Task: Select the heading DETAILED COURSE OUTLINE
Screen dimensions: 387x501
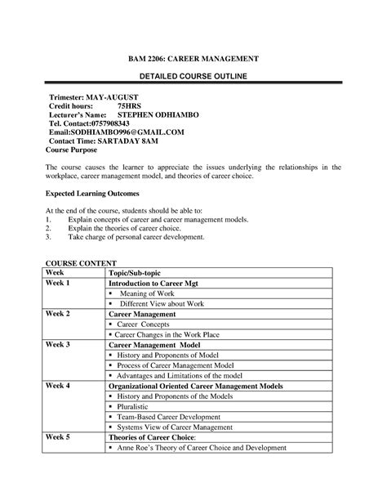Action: click(x=193, y=76)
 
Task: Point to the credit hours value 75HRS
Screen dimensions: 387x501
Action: click(x=129, y=107)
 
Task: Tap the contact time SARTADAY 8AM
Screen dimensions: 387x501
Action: click(x=132, y=141)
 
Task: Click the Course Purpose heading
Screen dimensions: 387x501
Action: click(x=71, y=150)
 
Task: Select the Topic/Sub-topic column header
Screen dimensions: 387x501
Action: click(x=139, y=273)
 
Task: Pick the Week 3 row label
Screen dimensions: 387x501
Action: click(x=58, y=345)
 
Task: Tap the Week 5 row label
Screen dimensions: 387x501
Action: click(x=58, y=436)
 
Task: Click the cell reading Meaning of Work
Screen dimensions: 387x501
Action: click(x=147, y=293)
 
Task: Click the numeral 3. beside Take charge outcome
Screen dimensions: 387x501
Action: click(x=48, y=238)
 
